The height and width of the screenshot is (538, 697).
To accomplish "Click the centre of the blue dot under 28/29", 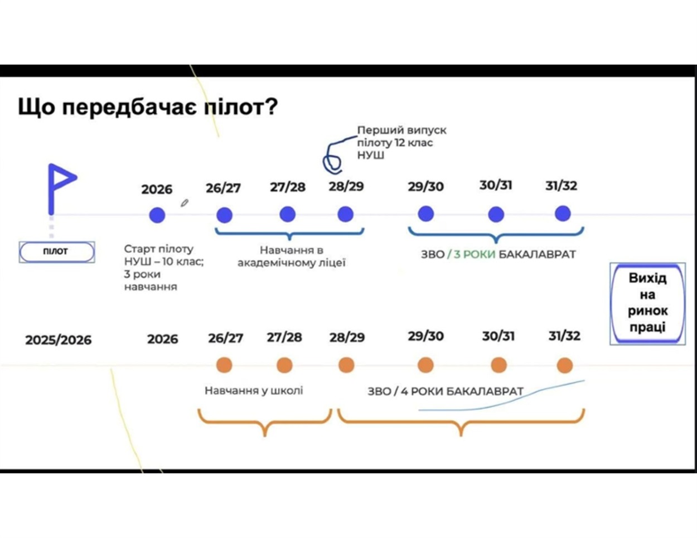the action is point(346,214).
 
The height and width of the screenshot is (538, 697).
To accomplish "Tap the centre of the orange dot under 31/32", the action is point(564,365).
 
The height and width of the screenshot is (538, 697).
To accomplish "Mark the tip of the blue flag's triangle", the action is point(77,177).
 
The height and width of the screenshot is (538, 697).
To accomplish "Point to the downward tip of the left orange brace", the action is point(265,435).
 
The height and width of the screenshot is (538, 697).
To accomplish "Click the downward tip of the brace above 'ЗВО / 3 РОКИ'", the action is point(496,243).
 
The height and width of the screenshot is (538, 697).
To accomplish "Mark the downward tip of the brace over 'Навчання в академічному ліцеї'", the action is point(289,240).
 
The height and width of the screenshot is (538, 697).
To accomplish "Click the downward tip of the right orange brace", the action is point(461,435).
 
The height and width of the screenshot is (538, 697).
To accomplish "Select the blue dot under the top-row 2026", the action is point(157,215).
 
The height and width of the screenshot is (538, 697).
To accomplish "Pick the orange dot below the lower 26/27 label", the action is point(224,365).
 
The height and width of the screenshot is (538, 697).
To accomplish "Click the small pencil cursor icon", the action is point(185,203).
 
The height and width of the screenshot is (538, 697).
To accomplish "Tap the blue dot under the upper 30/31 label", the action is point(496,214).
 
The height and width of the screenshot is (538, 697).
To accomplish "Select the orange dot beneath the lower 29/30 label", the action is point(425,365).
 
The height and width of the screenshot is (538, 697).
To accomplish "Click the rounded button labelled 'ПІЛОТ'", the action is point(57,252).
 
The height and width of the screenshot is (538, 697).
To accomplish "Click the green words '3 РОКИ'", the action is point(475,254).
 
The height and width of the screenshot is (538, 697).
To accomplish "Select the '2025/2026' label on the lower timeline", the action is point(59,340).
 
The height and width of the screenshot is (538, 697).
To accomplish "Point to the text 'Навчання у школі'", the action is point(254,390).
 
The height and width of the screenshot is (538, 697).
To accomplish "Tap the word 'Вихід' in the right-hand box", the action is point(647,278).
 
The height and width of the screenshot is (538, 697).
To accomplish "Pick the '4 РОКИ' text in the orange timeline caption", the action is point(422,391).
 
